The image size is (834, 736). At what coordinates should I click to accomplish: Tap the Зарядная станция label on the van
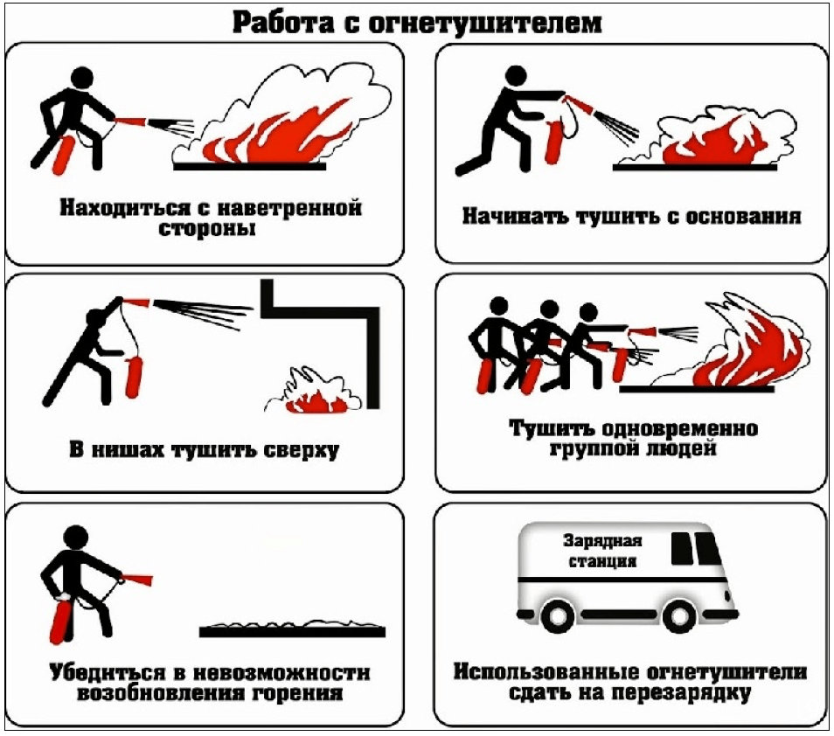coord(602,551)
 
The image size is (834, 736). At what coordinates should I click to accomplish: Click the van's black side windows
coord(695,548)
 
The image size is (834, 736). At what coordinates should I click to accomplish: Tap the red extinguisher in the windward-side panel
coord(62,154)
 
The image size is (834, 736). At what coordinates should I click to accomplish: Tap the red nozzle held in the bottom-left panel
coord(138,579)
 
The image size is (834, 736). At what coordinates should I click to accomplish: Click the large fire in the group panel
coord(752,350)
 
